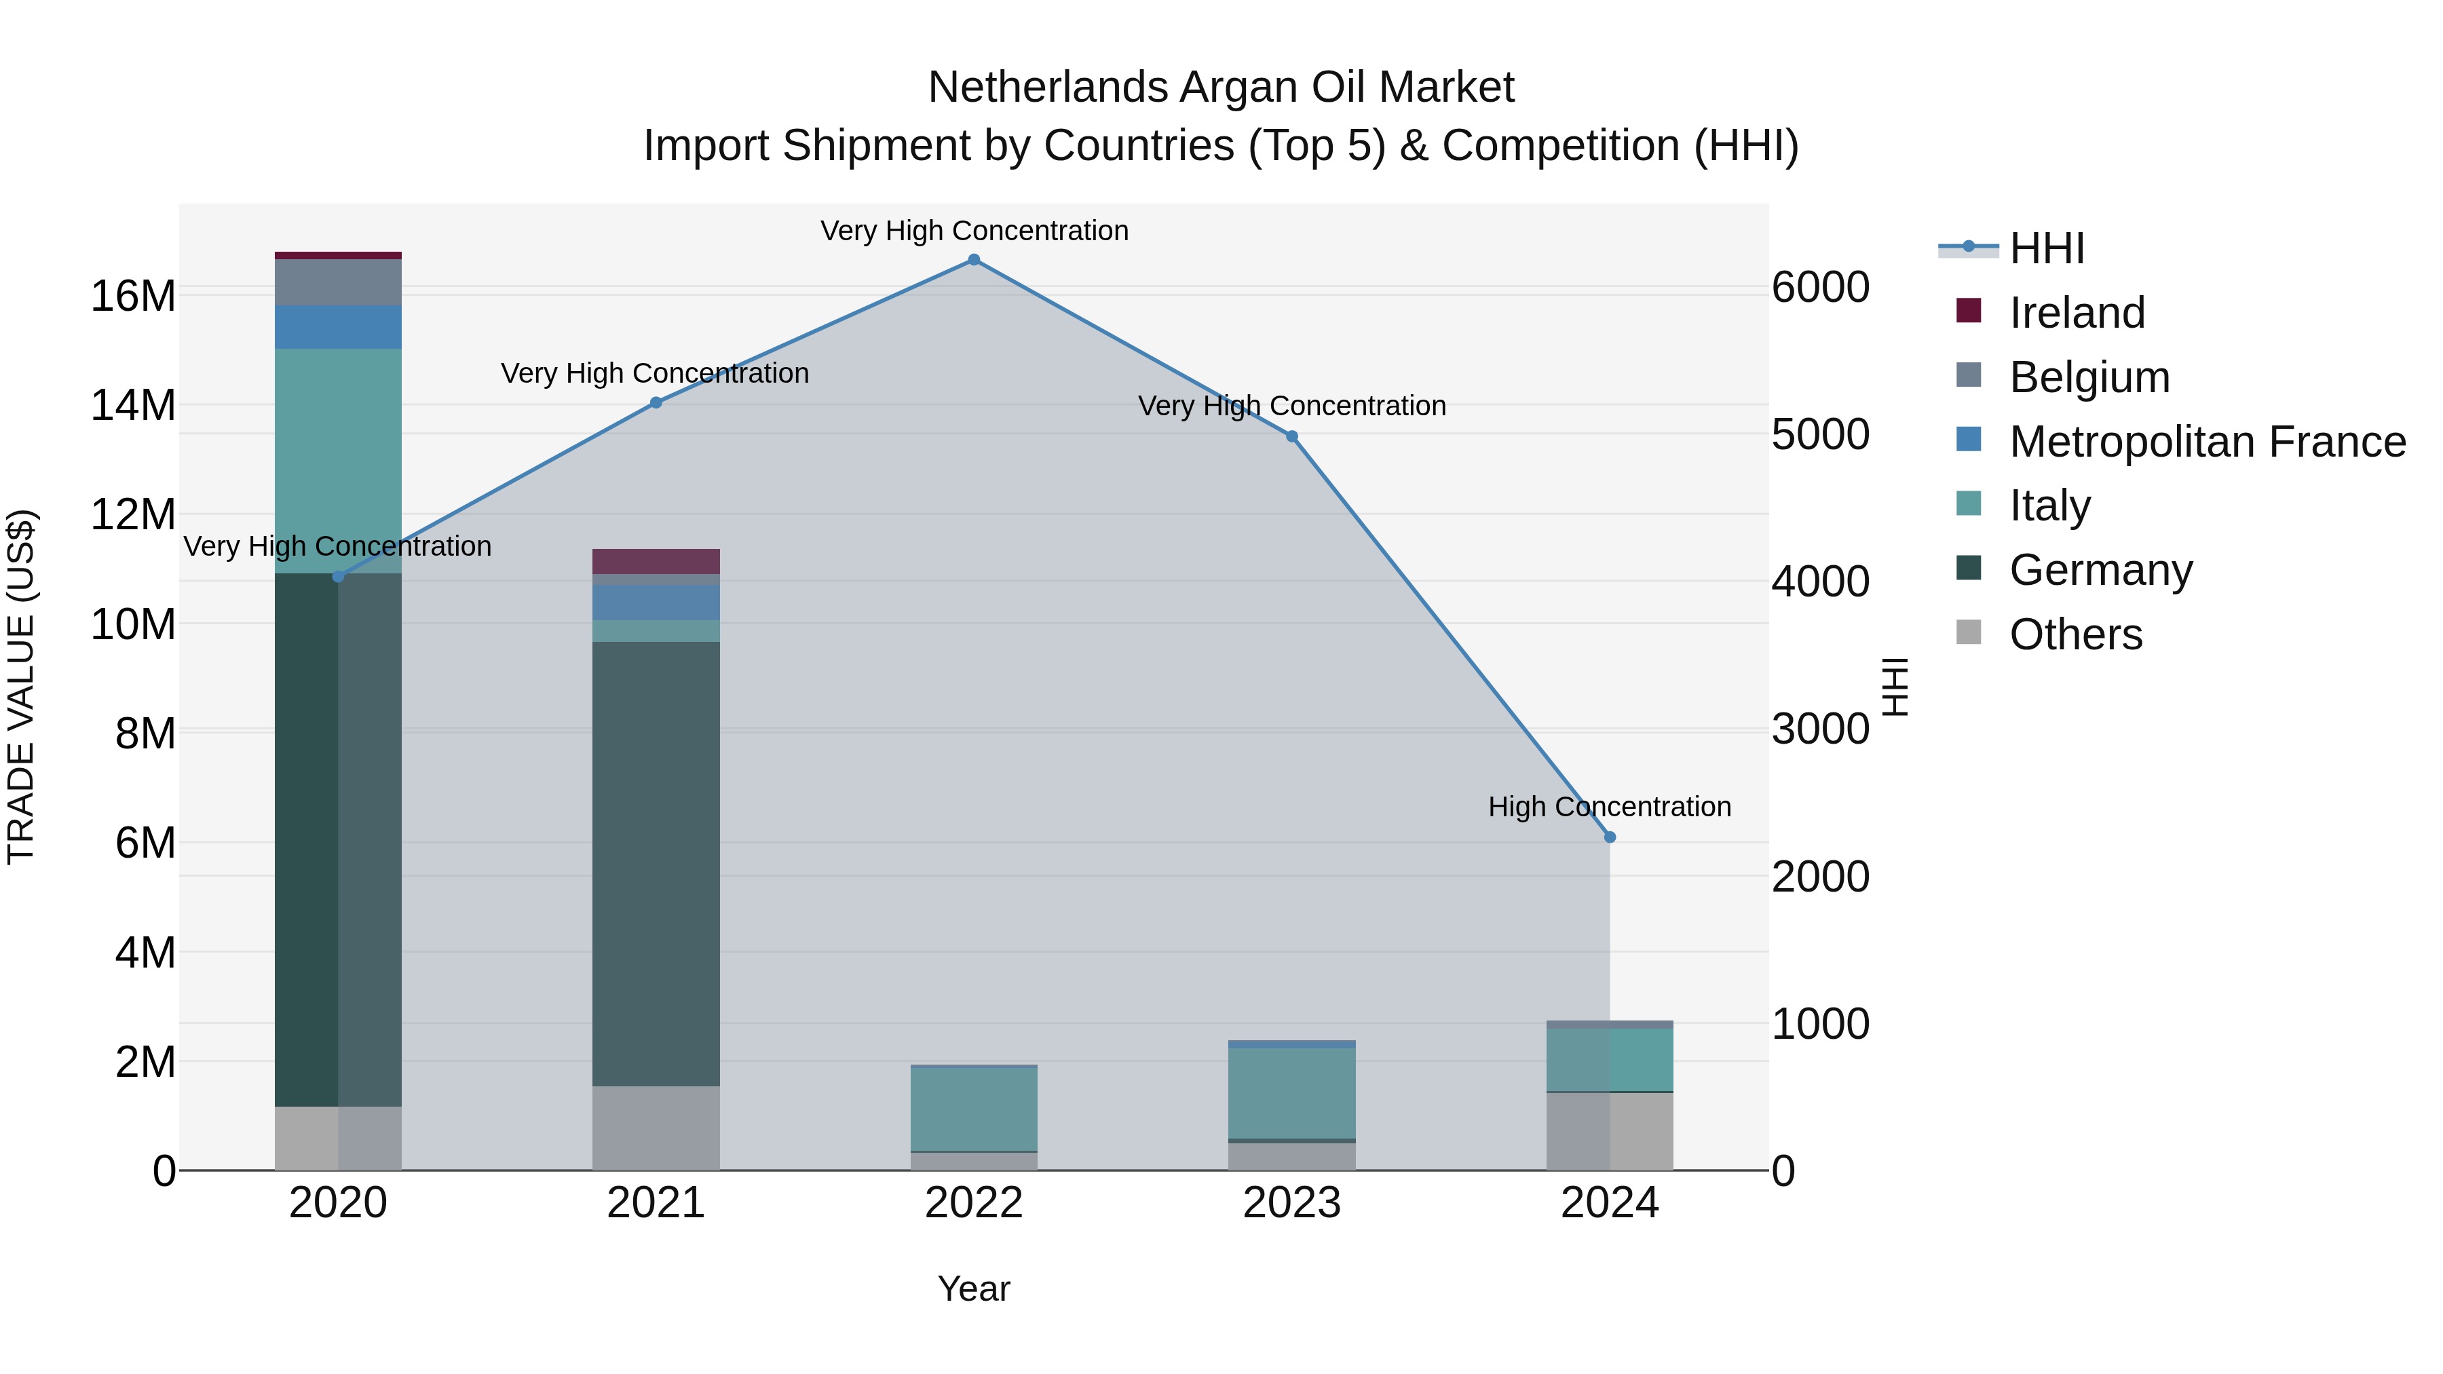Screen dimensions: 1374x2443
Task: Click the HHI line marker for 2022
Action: point(973,260)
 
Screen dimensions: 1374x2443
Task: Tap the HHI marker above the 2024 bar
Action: point(1610,837)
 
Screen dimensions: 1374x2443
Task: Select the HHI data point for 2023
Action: point(1291,437)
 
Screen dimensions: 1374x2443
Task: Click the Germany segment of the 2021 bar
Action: point(656,863)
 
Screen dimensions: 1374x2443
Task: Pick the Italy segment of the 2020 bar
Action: point(338,461)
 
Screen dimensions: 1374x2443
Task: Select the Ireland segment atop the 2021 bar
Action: point(656,561)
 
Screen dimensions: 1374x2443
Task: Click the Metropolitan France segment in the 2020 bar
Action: point(338,327)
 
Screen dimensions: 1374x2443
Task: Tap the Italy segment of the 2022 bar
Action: point(973,1109)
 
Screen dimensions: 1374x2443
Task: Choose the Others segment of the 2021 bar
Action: point(656,1128)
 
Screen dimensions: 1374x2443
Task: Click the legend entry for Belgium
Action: point(2089,377)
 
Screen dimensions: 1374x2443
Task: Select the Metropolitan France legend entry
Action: point(2207,442)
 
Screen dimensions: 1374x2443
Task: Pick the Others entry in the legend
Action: point(2075,634)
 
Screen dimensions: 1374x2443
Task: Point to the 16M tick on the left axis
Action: point(133,296)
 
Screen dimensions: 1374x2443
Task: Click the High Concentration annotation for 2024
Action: point(1610,807)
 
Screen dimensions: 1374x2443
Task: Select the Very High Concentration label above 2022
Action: point(974,231)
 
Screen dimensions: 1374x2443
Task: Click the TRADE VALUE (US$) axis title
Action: point(21,687)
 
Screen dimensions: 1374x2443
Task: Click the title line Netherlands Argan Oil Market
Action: point(1221,88)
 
